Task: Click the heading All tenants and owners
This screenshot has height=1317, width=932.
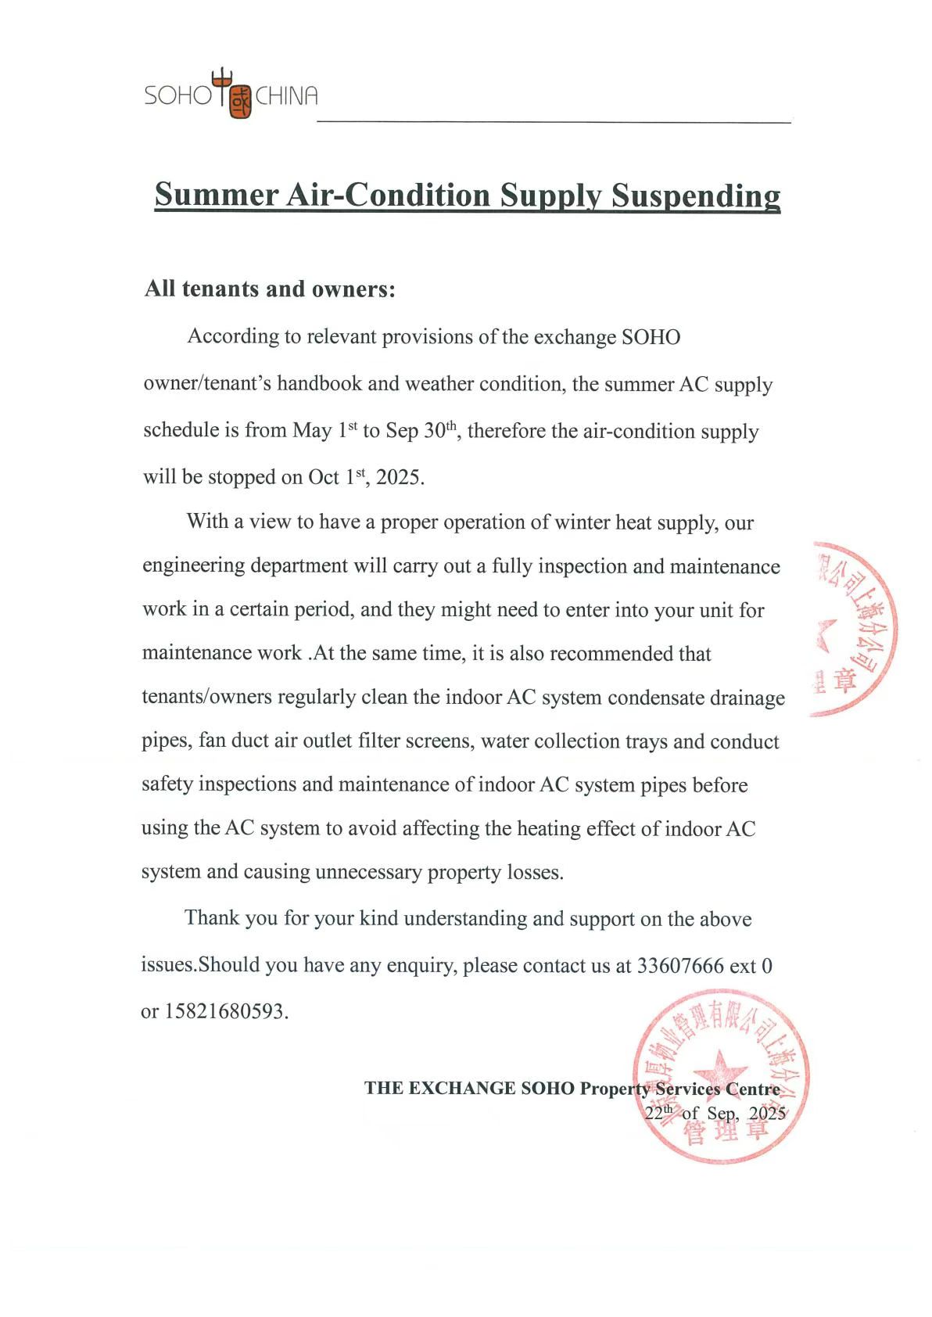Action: click(270, 289)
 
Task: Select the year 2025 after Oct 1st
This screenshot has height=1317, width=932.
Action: click(399, 477)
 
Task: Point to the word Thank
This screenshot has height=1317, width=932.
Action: click(212, 918)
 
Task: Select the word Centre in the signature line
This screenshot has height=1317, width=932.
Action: click(752, 1089)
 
